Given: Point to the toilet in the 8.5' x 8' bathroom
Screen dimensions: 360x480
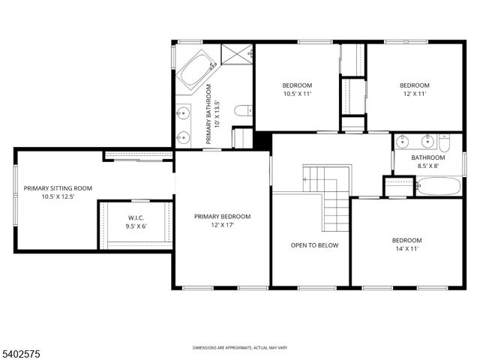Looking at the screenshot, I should [445, 142].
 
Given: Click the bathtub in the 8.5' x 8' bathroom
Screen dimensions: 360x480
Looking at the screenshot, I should [439, 186].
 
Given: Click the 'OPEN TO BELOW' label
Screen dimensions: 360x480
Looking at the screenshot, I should [315, 245].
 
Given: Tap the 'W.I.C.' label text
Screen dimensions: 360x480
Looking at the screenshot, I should [136, 218].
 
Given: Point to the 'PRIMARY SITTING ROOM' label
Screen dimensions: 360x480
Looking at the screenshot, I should [58, 188].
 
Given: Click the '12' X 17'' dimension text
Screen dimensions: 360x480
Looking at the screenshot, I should [222, 225].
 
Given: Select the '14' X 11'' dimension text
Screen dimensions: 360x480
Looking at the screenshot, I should [408, 249].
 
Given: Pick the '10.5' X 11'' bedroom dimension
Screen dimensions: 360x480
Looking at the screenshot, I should [297, 94].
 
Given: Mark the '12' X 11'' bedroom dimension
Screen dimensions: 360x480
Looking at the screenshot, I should [414, 94].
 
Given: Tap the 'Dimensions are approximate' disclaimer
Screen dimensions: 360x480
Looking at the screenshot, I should [240, 347].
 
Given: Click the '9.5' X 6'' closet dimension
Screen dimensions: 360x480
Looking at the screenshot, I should [136, 226].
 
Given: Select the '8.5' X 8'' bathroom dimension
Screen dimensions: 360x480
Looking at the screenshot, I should [427, 166].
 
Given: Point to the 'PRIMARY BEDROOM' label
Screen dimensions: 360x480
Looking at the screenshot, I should [222, 217].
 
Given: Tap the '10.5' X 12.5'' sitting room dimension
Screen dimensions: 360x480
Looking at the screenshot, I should [58, 196].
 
